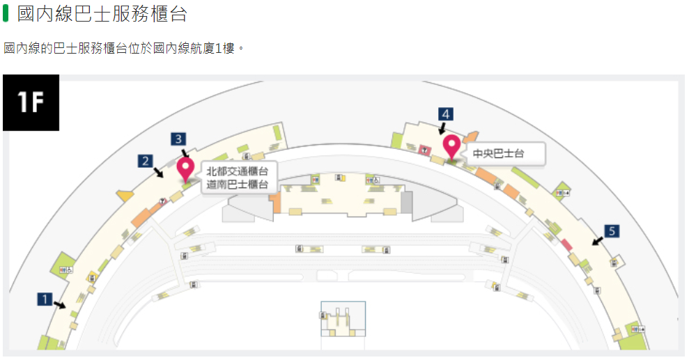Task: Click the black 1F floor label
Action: [x=31, y=102]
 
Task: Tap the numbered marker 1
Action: [x=45, y=299]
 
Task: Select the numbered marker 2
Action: [x=146, y=161]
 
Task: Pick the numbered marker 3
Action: [x=178, y=139]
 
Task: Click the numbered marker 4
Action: [x=446, y=114]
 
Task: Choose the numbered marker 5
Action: [x=612, y=231]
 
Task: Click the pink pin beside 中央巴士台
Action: [x=451, y=147]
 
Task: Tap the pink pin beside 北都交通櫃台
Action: [x=185, y=169]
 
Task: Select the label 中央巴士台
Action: [x=498, y=154]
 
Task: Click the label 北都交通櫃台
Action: [x=238, y=171]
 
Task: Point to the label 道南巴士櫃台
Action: [x=238, y=185]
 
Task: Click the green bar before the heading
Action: [x=6, y=13]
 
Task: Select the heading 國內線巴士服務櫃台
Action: [x=102, y=14]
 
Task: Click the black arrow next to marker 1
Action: [x=60, y=305]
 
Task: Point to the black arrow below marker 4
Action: [x=442, y=128]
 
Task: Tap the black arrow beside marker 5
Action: [x=598, y=241]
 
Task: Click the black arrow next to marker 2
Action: [x=158, y=172]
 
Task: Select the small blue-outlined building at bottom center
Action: [x=343, y=319]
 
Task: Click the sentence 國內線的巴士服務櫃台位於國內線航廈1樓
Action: [x=118, y=48]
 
